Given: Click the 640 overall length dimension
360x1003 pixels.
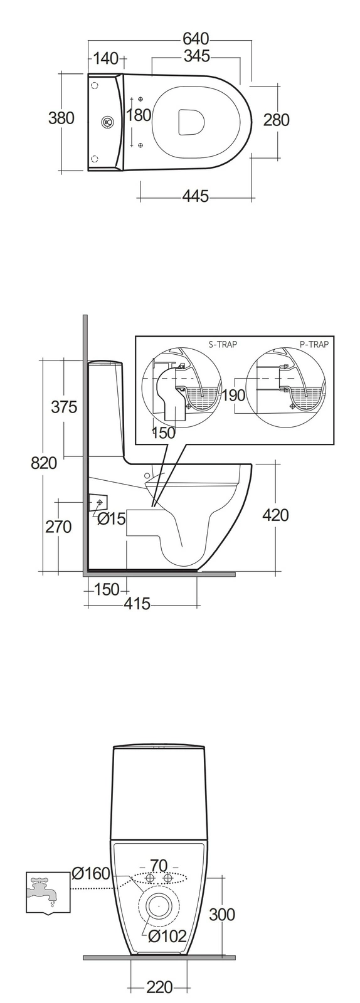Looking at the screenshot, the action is coord(196,39).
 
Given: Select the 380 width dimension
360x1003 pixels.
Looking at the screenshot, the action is coord(61,118).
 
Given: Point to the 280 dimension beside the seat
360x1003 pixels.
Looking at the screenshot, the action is coord(276,120).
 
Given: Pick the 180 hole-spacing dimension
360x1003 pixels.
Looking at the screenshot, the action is coord(139,115).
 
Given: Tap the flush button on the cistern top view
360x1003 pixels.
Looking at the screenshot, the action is coord(107,122).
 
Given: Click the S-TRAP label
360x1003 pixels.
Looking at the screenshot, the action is coord(223,344).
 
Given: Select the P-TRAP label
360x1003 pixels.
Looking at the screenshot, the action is coord(314,344).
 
